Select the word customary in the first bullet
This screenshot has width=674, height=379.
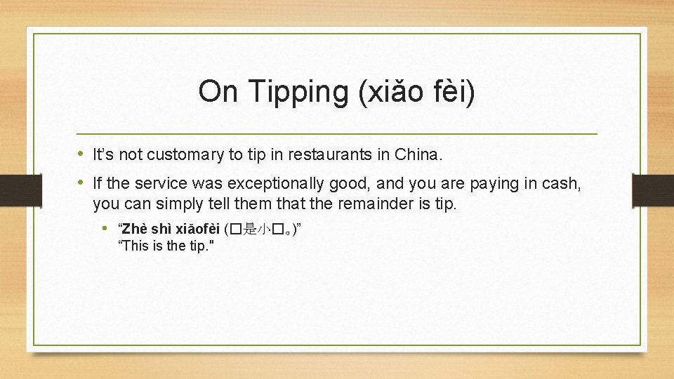click(181, 154)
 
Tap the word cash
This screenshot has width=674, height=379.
click(559, 184)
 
